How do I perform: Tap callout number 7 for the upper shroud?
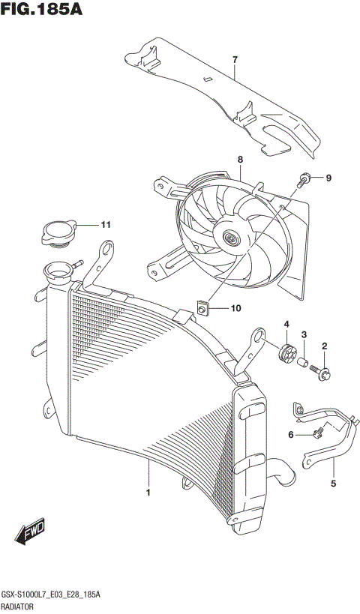[234, 59]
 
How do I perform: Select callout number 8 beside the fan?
[240, 160]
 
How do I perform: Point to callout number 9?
[328, 178]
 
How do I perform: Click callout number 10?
[235, 307]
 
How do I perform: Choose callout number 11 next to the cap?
[106, 223]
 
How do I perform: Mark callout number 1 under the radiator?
[148, 493]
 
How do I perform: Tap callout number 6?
[292, 435]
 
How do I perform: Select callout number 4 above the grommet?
[286, 323]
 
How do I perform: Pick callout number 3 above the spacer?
[304, 334]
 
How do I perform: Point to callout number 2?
[325, 346]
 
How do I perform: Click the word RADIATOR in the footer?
[21, 605]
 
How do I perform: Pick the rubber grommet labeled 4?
[286, 350]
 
